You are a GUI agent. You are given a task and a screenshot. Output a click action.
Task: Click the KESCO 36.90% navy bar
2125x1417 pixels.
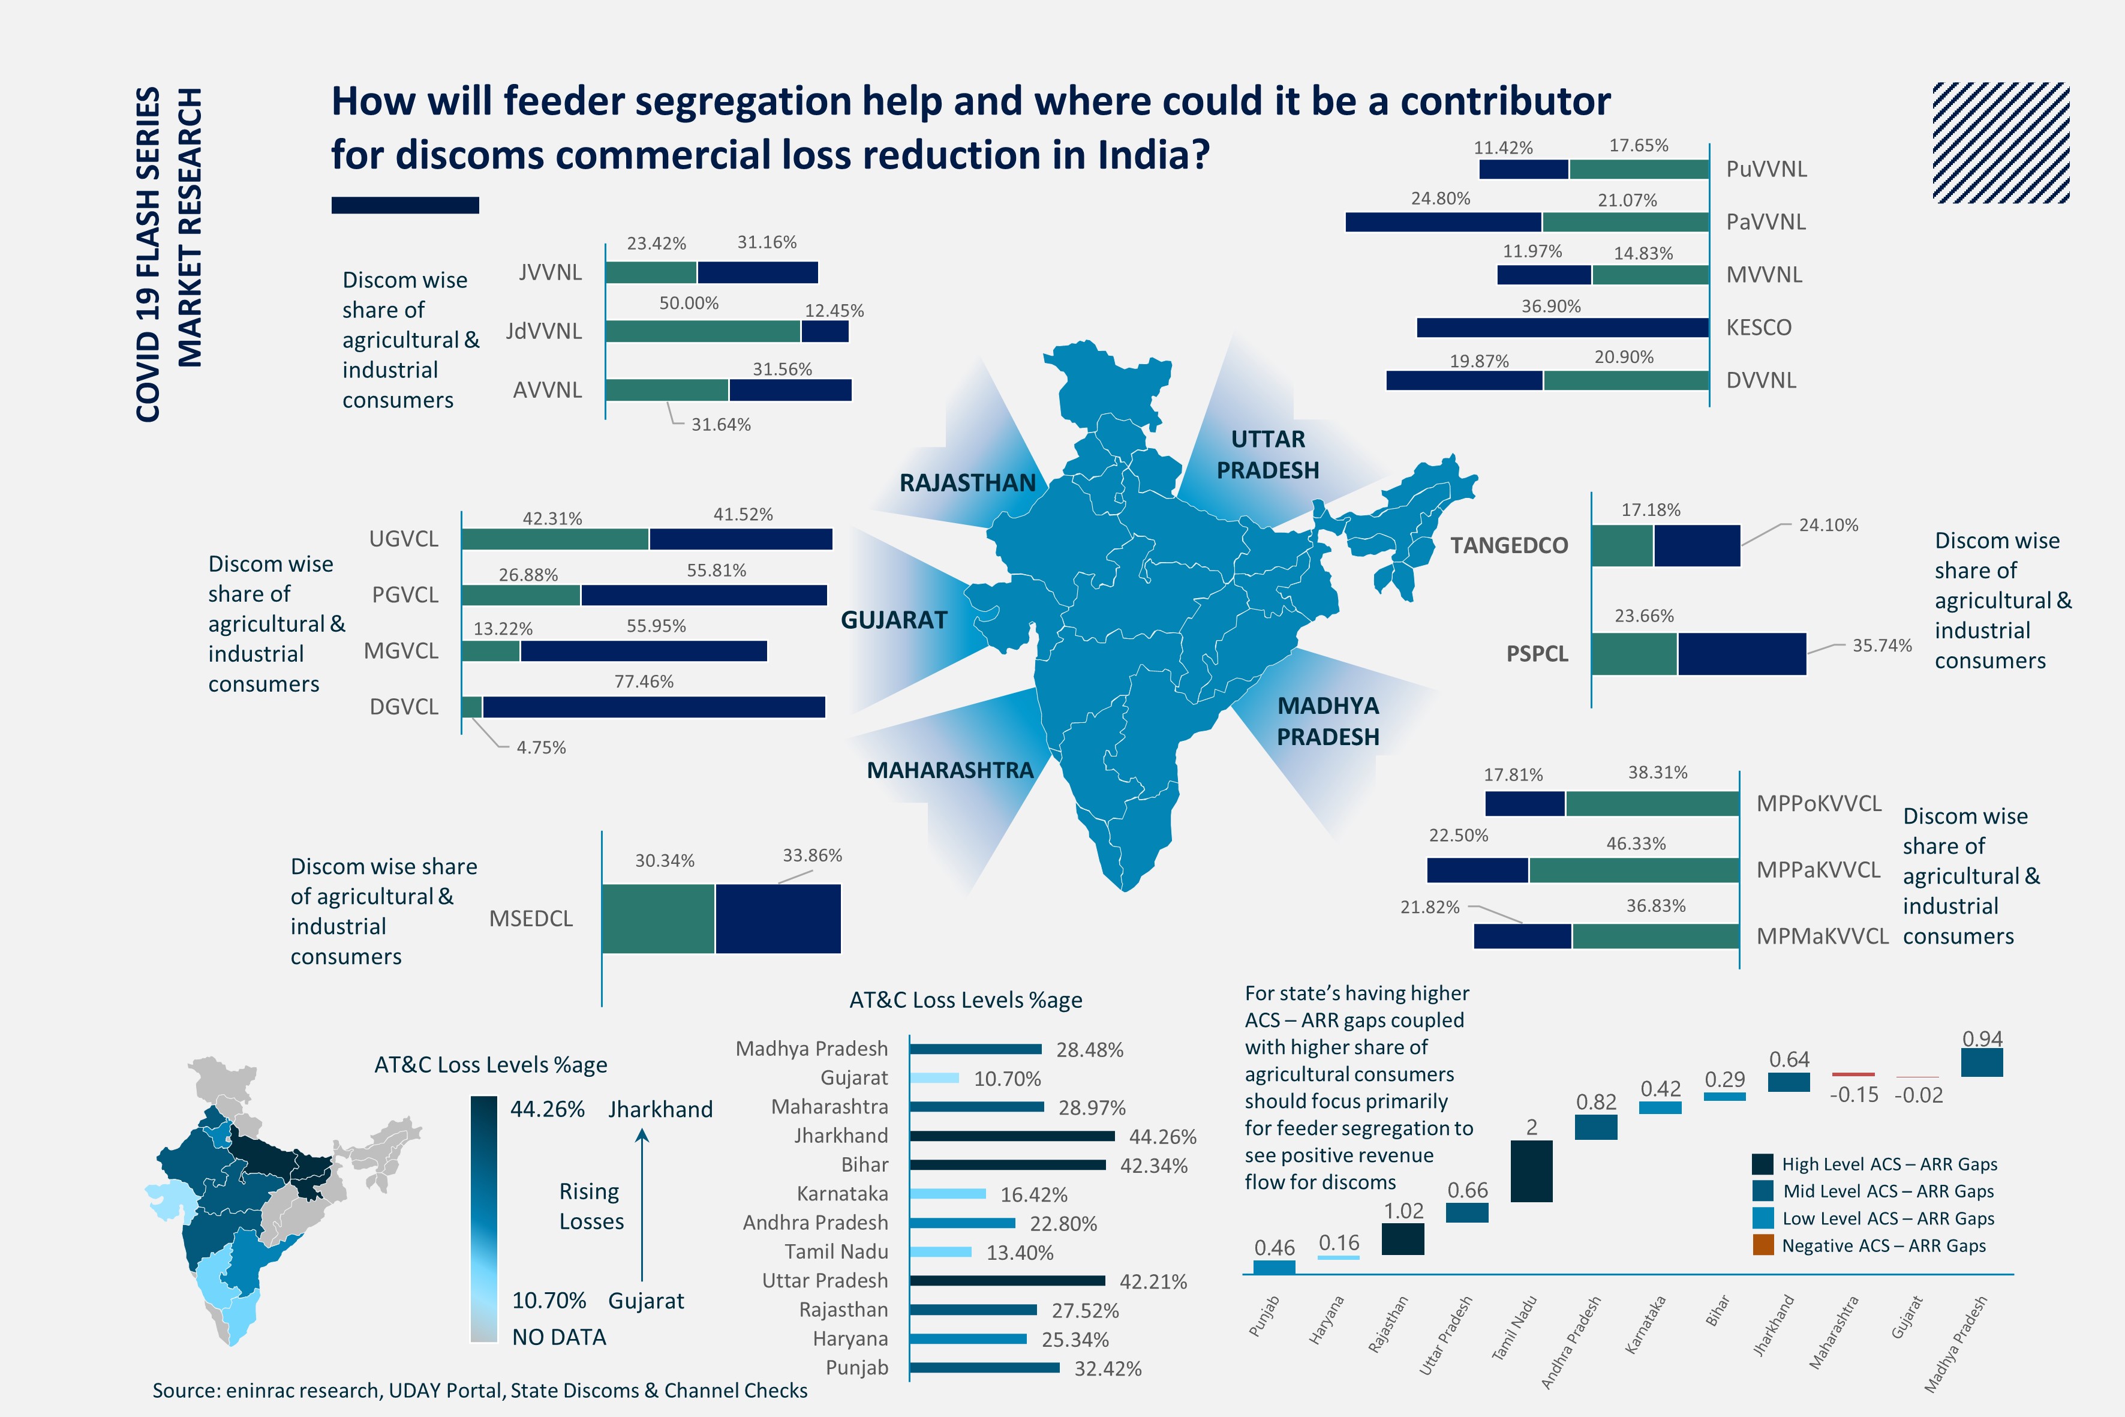(x=1562, y=327)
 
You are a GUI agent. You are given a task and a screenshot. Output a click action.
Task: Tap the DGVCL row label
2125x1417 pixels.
(x=404, y=707)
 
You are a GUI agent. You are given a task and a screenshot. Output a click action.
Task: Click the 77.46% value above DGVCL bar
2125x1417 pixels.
(x=644, y=682)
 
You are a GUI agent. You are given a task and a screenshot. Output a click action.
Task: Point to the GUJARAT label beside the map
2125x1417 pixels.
(x=894, y=620)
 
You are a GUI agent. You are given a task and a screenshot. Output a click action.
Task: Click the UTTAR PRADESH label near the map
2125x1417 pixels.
(x=1267, y=455)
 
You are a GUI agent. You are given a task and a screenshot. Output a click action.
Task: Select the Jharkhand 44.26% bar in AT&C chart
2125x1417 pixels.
(x=1012, y=1136)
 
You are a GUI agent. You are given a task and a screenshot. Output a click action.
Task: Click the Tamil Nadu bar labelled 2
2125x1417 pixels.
(x=1531, y=1171)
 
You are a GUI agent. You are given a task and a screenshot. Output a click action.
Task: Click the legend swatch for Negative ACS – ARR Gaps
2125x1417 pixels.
(x=1763, y=1245)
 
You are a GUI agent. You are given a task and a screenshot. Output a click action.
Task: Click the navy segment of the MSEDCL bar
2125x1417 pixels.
(x=778, y=918)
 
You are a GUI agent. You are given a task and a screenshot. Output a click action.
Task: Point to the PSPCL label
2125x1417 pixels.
(x=1537, y=653)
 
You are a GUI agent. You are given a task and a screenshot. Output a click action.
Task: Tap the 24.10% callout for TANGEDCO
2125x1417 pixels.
(x=1828, y=525)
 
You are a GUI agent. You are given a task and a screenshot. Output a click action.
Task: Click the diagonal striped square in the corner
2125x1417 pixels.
(x=2000, y=143)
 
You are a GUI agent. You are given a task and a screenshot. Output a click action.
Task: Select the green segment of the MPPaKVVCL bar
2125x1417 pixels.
(x=1634, y=870)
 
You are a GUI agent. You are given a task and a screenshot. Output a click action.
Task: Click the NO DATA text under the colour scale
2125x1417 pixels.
(x=558, y=1337)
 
